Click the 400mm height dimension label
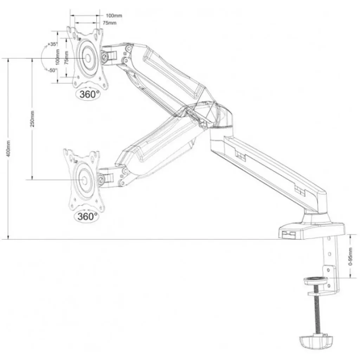click(8, 149)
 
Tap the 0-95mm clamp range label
click(350, 256)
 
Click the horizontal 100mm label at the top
click(114, 15)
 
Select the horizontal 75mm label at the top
click(110, 23)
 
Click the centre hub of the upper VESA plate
click(88, 58)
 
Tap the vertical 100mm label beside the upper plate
click(57, 57)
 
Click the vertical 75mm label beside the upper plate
click(66, 57)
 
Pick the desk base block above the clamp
click(312, 230)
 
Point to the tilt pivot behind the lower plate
click(101, 179)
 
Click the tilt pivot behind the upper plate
click(104, 56)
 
